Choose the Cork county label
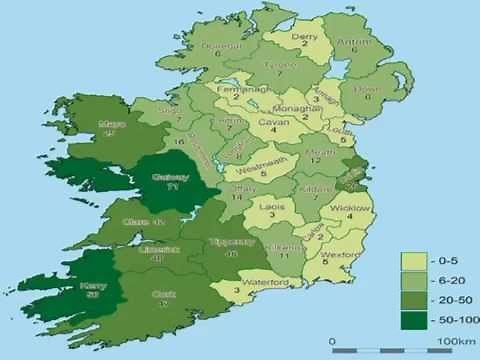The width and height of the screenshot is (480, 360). (x=164, y=294)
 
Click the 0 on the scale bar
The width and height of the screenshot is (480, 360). (x=331, y=343)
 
